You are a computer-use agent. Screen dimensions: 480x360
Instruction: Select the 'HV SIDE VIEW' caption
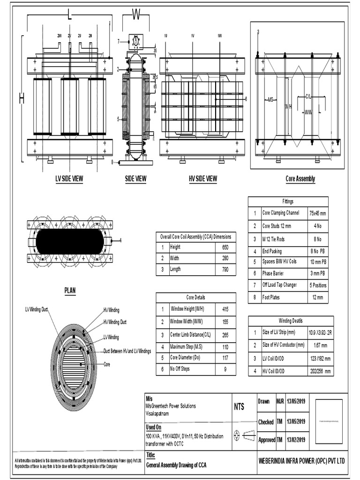pyautogui.click(x=202, y=179)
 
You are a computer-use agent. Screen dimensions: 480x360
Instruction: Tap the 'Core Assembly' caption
pyautogui.click(x=300, y=179)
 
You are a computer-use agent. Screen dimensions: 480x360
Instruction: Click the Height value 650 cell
pyautogui.click(x=225, y=247)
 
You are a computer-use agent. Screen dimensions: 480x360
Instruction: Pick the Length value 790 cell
pyautogui.click(x=225, y=270)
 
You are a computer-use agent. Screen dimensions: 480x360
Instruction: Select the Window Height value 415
pyautogui.click(x=225, y=310)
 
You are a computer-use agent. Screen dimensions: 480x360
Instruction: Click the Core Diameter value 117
pyautogui.click(x=225, y=358)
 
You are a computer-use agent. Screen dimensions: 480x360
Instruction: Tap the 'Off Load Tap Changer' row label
pyautogui.click(x=279, y=285)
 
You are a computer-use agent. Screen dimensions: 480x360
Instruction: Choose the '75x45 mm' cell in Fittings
pyautogui.click(x=317, y=213)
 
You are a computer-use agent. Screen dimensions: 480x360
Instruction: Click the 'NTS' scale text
pyautogui.click(x=240, y=407)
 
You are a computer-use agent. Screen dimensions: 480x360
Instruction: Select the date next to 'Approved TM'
pyautogui.click(x=296, y=440)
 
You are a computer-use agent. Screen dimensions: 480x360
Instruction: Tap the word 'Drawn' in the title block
pyautogui.click(x=264, y=402)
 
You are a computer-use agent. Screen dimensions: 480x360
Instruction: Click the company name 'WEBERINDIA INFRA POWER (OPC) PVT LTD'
pyautogui.click(x=301, y=461)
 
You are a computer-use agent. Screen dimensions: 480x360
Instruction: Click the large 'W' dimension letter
pyautogui.click(x=136, y=15)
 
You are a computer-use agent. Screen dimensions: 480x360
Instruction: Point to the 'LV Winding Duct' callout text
pyautogui.click(x=40, y=309)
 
